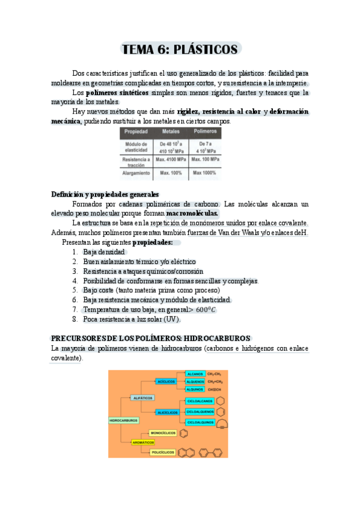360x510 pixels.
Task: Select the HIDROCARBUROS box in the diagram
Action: pos(123,420)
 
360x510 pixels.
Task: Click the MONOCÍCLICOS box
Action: pos(163,432)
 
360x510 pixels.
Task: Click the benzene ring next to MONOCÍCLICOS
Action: pos(183,432)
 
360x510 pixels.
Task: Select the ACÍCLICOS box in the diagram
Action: pos(165,381)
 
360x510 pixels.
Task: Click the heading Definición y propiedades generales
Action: pos(105,194)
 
